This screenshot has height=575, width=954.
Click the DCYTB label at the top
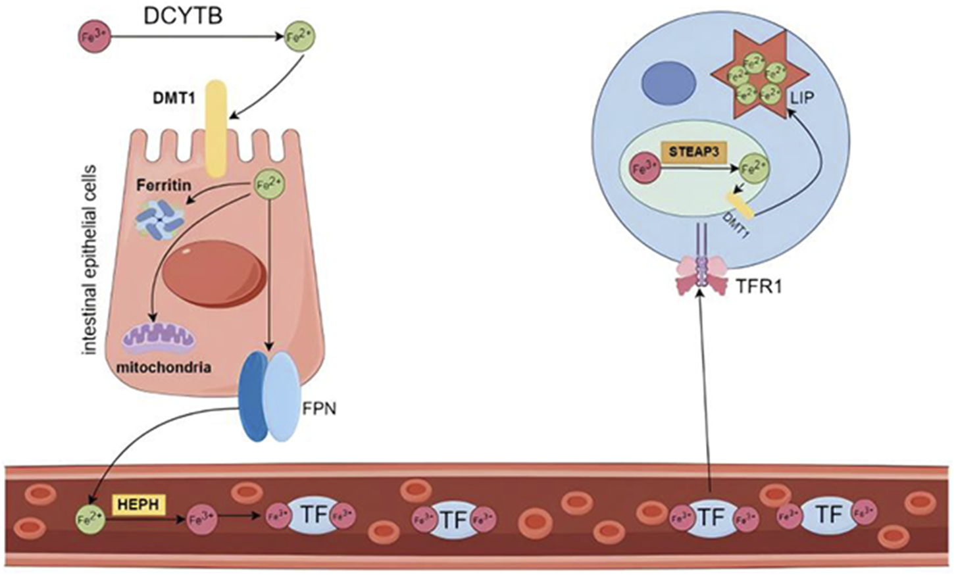coord(183,15)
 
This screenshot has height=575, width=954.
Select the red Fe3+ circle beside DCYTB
coord(93,37)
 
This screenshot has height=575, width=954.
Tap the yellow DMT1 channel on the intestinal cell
coord(216,129)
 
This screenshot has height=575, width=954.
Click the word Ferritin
coord(164,186)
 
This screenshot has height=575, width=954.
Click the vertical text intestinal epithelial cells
coord(89,260)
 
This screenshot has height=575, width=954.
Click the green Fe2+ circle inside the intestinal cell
coord(270,185)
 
